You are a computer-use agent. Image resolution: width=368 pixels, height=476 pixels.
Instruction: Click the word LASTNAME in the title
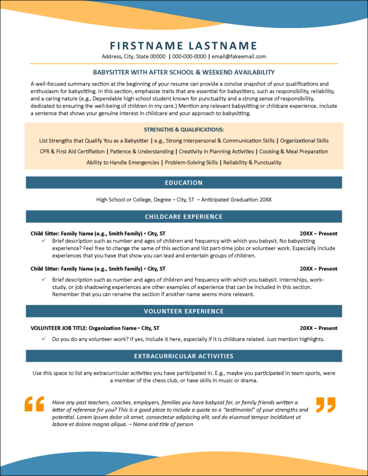point(222,46)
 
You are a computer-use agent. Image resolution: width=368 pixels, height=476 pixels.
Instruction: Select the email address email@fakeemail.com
point(239,56)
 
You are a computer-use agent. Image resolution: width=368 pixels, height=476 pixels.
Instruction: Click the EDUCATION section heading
point(183,183)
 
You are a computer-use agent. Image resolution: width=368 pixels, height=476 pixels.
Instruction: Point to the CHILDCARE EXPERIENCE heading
point(183,217)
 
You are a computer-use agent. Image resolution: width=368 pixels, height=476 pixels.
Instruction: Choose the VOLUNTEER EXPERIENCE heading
point(183,311)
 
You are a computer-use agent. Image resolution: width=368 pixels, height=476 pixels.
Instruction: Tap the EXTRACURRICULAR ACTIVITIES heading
point(183,356)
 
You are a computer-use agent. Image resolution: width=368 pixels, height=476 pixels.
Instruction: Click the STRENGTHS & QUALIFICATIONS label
point(183,129)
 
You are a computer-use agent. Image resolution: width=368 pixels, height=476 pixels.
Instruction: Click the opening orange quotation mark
point(35,404)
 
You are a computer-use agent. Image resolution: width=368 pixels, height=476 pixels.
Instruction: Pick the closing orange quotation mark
point(325,404)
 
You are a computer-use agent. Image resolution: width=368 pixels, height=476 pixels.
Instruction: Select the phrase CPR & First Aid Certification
point(73,151)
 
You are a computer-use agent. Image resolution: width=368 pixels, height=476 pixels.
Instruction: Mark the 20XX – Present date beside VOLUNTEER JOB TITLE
point(319,328)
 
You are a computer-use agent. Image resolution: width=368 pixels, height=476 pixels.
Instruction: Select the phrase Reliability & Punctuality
point(252,163)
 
